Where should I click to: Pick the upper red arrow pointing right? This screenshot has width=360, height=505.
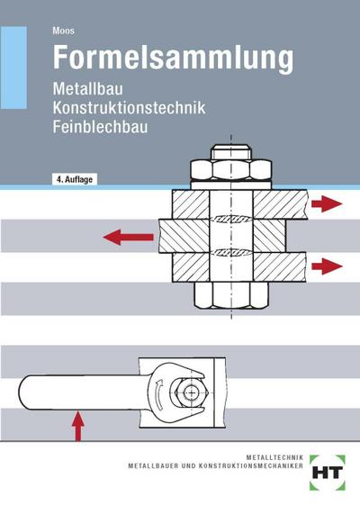tap(326, 204)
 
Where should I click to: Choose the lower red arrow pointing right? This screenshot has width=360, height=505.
tap(326, 266)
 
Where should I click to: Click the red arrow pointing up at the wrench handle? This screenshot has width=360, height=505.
tap(78, 422)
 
